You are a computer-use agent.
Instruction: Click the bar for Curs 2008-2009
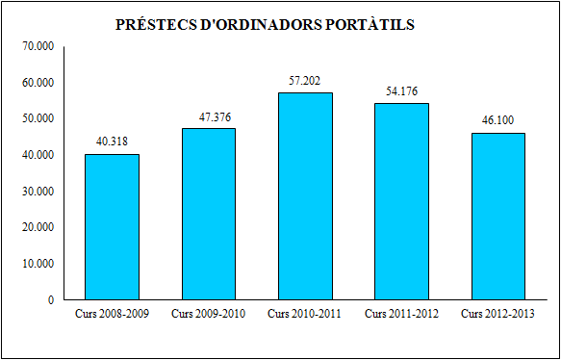[x=112, y=227]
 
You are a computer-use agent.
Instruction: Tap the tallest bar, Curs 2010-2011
[x=305, y=196]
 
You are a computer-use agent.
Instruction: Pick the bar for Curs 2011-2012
[x=401, y=201]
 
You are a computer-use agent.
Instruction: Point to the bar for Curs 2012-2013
[x=497, y=217]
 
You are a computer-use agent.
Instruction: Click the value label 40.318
[x=112, y=141]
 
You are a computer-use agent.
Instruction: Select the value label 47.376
[x=208, y=116]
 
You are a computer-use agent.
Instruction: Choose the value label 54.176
[x=401, y=91]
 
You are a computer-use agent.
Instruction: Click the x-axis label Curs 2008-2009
[x=112, y=314]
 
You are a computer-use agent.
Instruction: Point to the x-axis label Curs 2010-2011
[x=305, y=314]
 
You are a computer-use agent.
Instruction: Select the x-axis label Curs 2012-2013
[x=497, y=314]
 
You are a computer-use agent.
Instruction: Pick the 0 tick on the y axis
[x=50, y=300]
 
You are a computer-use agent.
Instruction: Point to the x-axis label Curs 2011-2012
[x=401, y=314]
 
